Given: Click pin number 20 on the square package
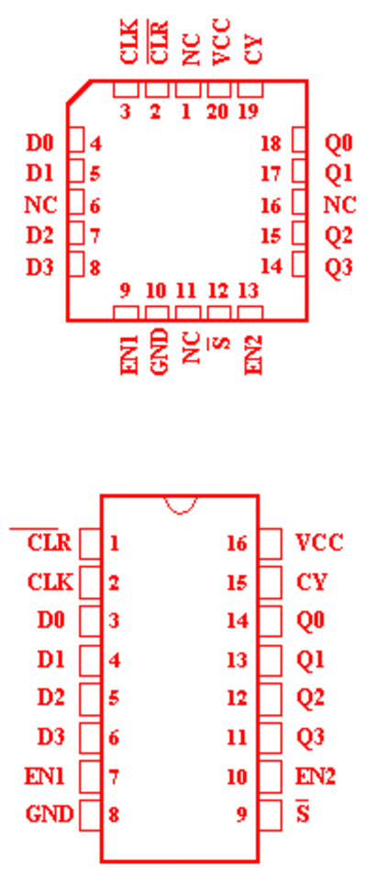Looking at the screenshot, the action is point(217,112).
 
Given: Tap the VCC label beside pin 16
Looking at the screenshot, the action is point(319,542).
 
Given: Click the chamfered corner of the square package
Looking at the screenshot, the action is point(79,92).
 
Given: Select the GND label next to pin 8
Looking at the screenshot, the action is point(50,814).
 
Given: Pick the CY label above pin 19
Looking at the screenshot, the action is point(252,49).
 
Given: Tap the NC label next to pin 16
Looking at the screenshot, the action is point(339,206).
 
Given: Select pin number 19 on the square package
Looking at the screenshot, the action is point(248,112).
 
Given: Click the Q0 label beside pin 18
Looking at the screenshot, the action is point(339,143).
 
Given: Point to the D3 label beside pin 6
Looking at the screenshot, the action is point(51,737).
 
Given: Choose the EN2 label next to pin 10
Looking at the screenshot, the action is point(316,777).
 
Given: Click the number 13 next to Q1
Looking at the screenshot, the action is point(237,661).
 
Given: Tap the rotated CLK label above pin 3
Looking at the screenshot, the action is point(129,41).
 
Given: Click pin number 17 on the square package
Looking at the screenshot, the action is point(271,175).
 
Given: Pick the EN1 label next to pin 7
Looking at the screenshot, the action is point(45,777).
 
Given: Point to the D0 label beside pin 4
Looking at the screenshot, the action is point(40,143).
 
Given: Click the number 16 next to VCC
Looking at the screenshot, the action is point(237,543).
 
